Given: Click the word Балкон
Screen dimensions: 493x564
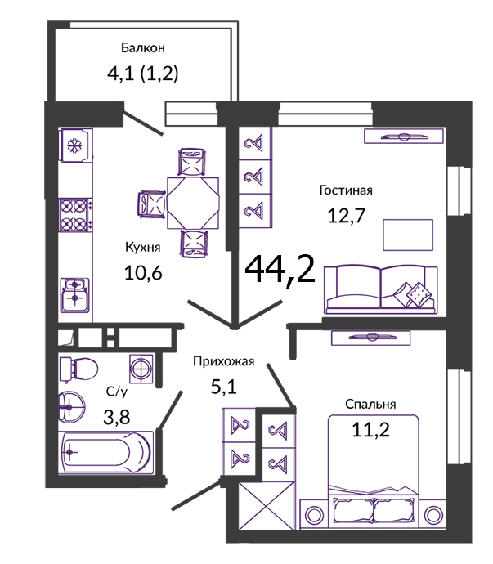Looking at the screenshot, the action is [x=142, y=48].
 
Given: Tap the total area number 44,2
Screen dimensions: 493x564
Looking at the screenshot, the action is [x=280, y=270].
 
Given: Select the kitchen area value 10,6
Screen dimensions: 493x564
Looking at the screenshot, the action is [x=143, y=272].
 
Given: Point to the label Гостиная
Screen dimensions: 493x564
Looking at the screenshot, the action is [x=346, y=190].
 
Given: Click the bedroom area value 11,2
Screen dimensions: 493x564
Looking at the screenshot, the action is [x=370, y=429].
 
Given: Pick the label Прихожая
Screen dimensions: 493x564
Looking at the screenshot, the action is [x=223, y=361].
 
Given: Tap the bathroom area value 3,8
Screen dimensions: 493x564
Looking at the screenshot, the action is [x=117, y=417].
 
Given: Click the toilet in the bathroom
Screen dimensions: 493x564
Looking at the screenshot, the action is [x=78, y=369].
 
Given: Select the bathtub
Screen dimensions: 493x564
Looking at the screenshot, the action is [x=106, y=453].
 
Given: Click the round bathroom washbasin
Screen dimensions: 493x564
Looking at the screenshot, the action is [x=72, y=407].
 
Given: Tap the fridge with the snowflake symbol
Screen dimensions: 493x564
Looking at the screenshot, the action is [x=75, y=145].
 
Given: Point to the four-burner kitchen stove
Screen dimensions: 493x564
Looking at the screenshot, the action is [x=75, y=215].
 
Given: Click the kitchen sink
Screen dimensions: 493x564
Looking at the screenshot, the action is [x=75, y=296].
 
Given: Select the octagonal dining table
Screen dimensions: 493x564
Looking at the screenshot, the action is [x=193, y=203].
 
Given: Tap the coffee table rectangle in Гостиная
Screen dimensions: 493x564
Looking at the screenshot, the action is [x=408, y=235].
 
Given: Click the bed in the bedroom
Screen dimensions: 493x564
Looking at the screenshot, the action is [x=374, y=472].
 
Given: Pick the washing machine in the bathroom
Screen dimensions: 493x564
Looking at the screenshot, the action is [x=141, y=369].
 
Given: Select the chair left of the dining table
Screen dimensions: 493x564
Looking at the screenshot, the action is [x=151, y=204].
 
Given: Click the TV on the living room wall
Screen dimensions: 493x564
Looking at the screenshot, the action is [x=403, y=137].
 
